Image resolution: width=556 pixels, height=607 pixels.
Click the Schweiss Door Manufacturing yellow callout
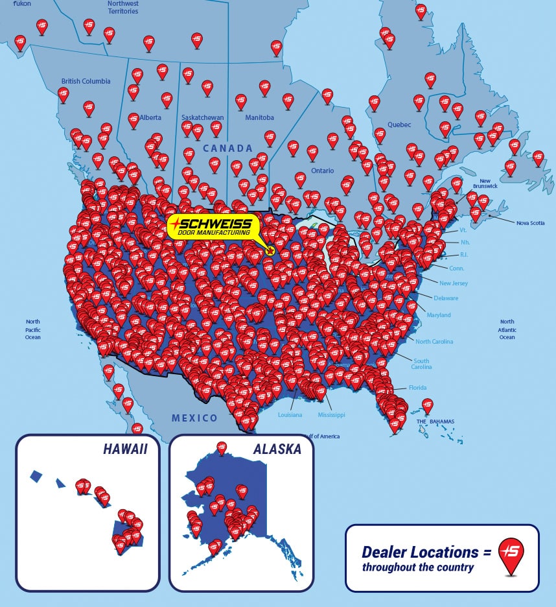pyautogui.click(x=213, y=226)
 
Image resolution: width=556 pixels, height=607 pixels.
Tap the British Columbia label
pyautogui.click(x=86, y=81)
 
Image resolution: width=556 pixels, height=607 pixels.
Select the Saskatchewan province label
pyautogui.click(x=202, y=117)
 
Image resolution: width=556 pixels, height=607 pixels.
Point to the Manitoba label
pyautogui.click(x=259, y=117)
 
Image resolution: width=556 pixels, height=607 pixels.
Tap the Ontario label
pyautogui.click(x=322, y=171)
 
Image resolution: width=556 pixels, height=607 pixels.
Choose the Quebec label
pyautogui.click(x=399, y=125)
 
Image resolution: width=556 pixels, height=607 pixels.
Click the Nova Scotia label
pyautogui.click(x=530, y=222)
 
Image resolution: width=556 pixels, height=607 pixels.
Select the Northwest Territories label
pyautogui.click(x=122, y=7)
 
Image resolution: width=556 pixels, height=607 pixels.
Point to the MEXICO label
pyautogui.click(x=194, y=418)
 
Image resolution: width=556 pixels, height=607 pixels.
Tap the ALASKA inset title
pyautogui.click(x=277, y=449)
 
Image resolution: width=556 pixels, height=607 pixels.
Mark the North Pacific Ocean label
pyautogui.click(x=33, y=329)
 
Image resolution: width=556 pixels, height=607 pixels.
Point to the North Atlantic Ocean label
pyautogui.click(x=507, y=329)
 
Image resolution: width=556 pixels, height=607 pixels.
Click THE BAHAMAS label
pyautogui.click(x=435, y=422)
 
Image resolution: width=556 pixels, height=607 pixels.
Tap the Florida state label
pyautogui.click(x=417, y=388)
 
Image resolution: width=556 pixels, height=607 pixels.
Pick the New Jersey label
pyautogui.click(x=453, y=283)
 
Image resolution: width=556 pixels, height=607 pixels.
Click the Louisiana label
pyautogui.click(x=290, y=414)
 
